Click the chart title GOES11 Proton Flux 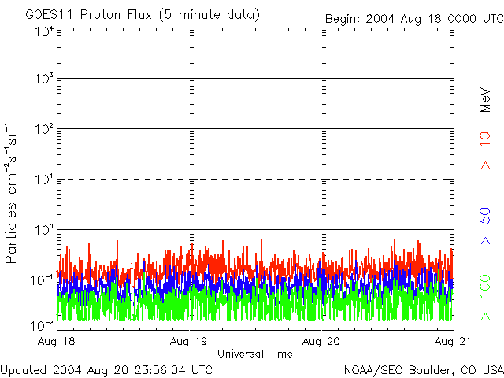[x=143, y=15]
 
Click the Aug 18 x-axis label [x=57, y=343]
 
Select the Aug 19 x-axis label [x=190, y=343]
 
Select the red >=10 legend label [x=486, y=150]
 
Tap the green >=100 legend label [x=486, y=296]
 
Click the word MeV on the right [x=486, y=99]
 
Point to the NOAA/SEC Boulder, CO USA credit [x=424, y=369]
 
